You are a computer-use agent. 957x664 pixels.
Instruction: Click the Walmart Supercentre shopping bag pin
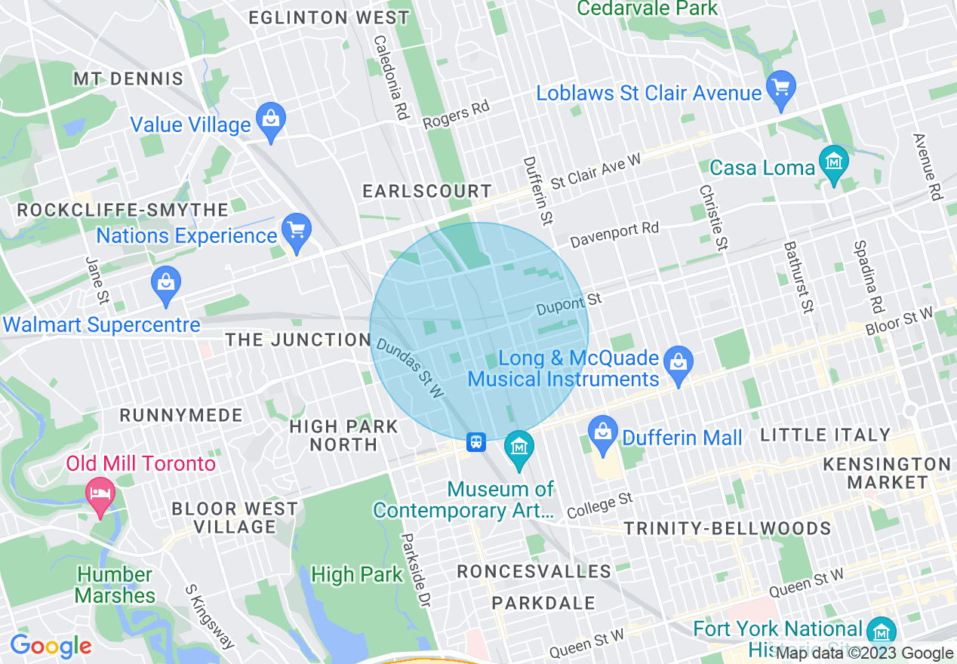tap(165, 284)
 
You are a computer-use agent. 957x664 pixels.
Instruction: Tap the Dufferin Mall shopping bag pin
tap(603, 434)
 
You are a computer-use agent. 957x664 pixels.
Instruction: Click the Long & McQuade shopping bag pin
tap(679, 363)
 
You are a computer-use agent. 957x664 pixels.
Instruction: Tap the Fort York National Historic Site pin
tap(881, 631)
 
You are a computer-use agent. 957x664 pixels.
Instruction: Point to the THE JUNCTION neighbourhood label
tap(298, 340)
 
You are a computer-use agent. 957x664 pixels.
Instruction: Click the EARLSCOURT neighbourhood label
tap(427, 192)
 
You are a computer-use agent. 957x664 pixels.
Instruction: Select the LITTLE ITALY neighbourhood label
tap(826, 435)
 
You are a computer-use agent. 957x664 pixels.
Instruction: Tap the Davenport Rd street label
tap(614, 235)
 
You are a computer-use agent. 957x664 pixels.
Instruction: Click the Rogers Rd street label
tap(456, 115)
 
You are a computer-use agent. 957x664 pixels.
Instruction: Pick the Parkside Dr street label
tap(415, 570)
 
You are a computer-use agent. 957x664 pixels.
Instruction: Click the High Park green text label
tap(357, 575)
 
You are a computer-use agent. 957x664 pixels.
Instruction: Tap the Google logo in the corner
tap(51, 646)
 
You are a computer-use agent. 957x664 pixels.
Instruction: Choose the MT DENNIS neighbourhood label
tap(128, 79)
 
